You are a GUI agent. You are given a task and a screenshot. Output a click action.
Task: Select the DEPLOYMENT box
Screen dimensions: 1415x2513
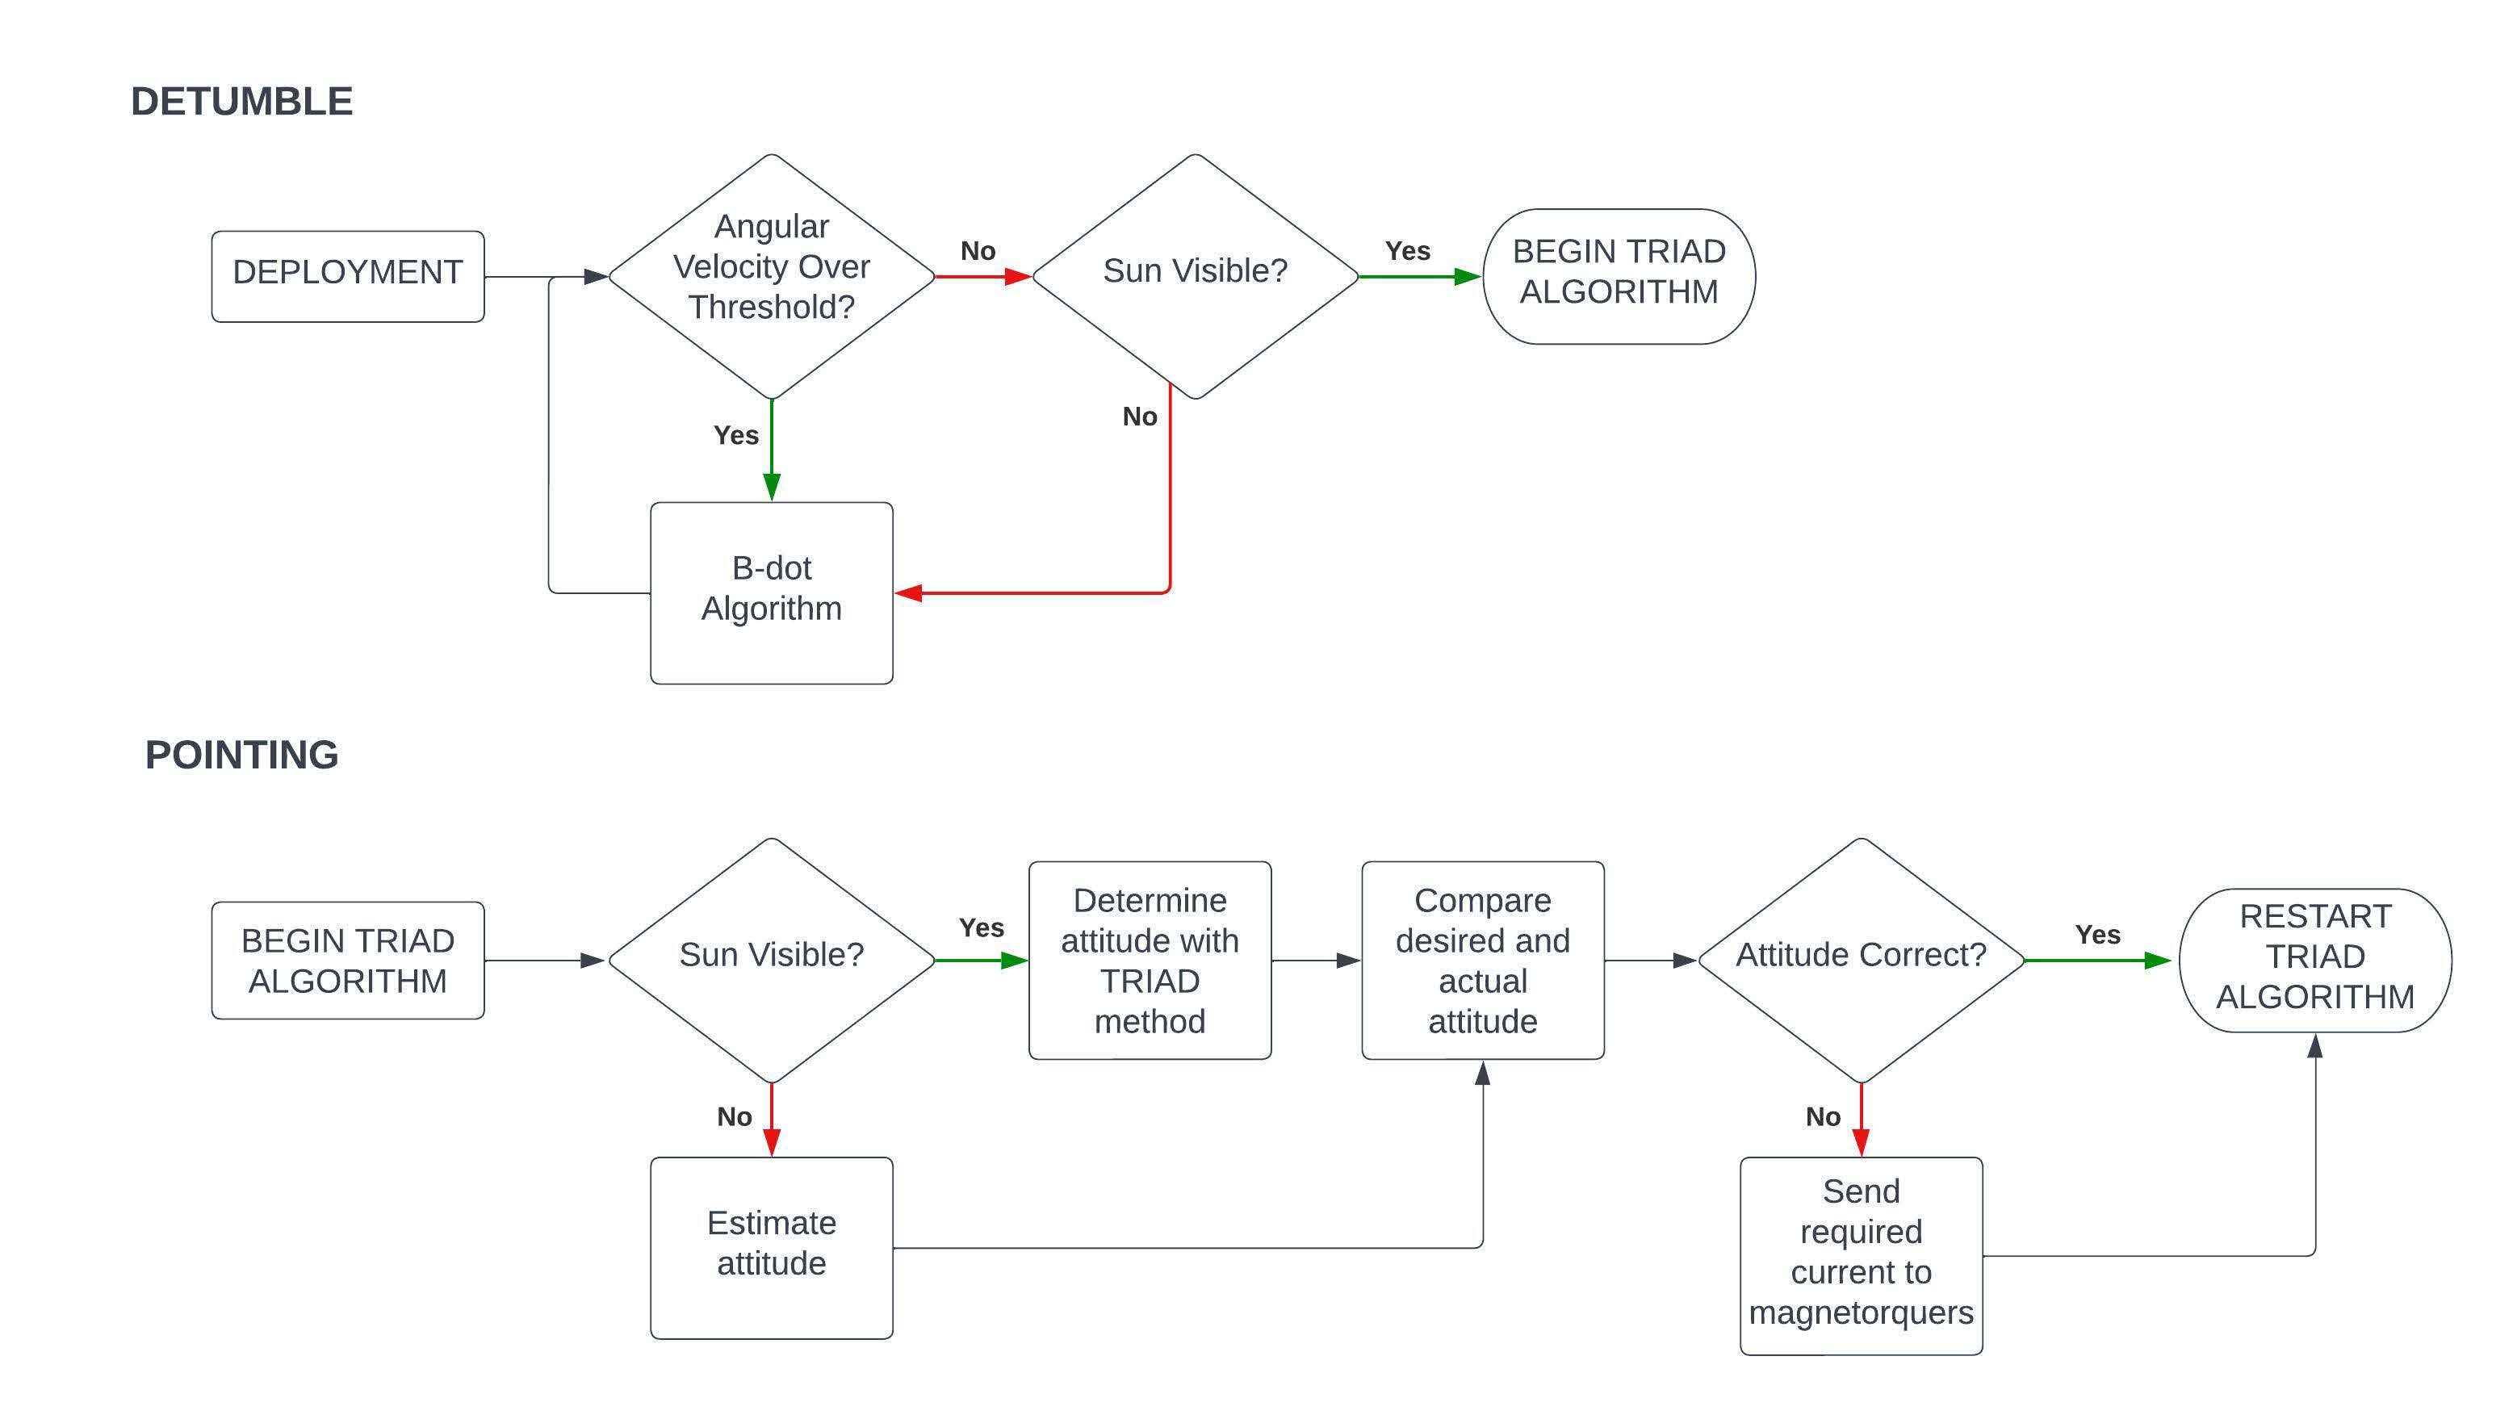click(347, 276)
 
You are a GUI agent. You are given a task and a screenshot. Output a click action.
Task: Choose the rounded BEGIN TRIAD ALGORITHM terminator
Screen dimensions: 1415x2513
click(1619, 276)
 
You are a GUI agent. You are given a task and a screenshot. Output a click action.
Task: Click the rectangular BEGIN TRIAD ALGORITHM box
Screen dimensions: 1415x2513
click(347, 960)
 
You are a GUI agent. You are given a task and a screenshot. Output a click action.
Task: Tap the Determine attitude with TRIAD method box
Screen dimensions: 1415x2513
click(1150, 960)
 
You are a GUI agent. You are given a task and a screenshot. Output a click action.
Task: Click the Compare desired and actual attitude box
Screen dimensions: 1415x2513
click(1482, 960)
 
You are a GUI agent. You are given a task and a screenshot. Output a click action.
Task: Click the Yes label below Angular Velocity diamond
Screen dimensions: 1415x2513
click(735, 435)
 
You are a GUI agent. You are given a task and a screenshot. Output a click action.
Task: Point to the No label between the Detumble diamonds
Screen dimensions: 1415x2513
click(978, 250)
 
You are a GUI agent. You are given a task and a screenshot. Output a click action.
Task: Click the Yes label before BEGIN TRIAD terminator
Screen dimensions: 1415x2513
click(1407, 250)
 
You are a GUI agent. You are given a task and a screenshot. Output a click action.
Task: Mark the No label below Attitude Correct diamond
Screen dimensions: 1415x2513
click(1822, 1116)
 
